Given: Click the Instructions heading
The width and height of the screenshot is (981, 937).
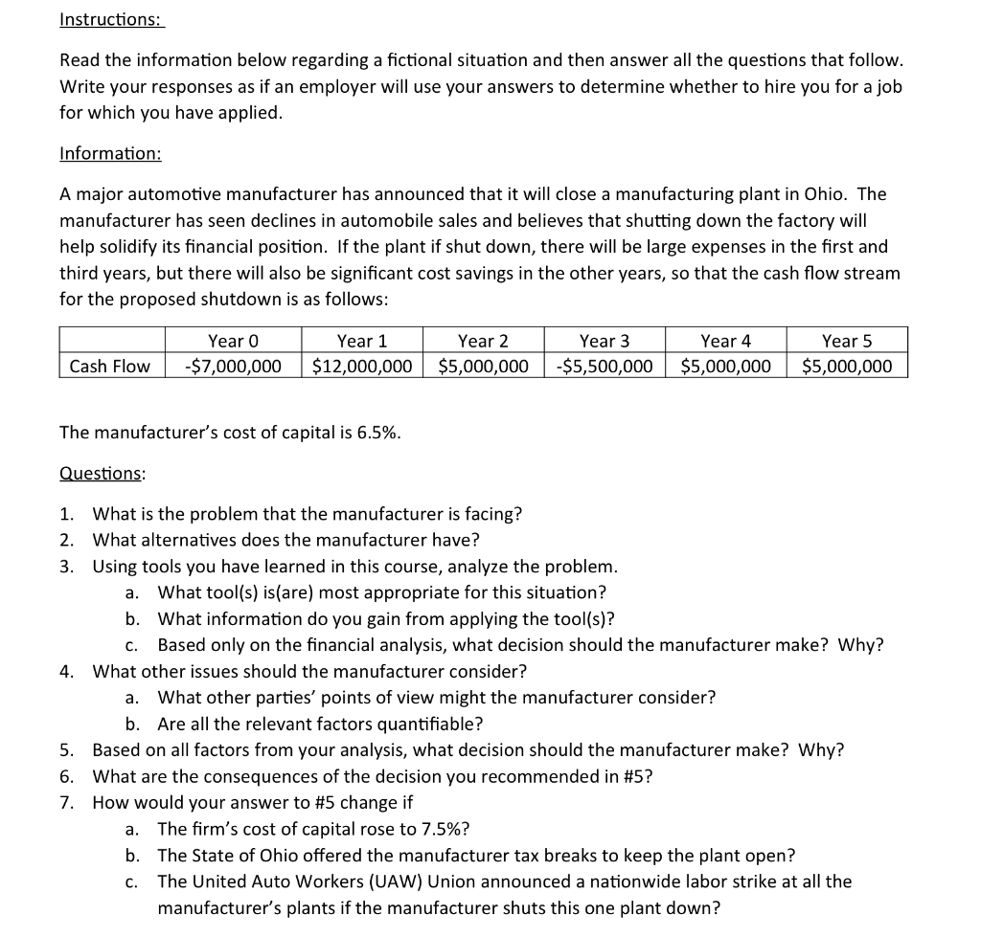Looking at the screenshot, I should coord(110,19).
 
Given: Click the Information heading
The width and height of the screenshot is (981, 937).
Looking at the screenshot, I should coord(110,153).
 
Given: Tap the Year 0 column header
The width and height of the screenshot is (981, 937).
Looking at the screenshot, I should coord(234,341).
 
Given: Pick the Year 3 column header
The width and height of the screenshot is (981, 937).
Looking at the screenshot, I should coord(605,341).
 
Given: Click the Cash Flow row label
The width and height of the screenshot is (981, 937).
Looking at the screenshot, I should coord(110,366).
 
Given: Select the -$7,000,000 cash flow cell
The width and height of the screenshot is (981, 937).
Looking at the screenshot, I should coord(234,366).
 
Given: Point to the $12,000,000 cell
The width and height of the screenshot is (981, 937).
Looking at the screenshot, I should coord(362,366).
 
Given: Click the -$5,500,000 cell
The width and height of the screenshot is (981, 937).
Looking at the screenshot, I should coord(605,366).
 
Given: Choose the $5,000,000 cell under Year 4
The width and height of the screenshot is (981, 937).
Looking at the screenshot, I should coord(725,366).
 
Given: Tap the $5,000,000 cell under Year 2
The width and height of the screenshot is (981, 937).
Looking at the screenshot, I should coord(483,366).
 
